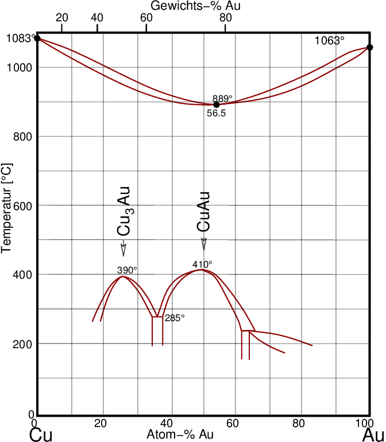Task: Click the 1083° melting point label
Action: pos(19,39)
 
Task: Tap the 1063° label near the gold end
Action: pos(330,41)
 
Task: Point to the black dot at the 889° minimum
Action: pos(217,104)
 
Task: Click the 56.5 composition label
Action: pos(216,114)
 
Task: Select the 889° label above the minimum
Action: pos(222,98)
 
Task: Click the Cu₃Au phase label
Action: pos(125,211)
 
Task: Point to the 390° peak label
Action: pos(128,270)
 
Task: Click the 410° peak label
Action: pos(202,265)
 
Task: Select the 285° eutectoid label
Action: pos(175,318)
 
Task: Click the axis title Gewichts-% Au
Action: pos(196,6)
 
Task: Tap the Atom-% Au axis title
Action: pos(180,435)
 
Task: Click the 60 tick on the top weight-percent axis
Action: pos(146,17)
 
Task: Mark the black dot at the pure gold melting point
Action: pos(370,47)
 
